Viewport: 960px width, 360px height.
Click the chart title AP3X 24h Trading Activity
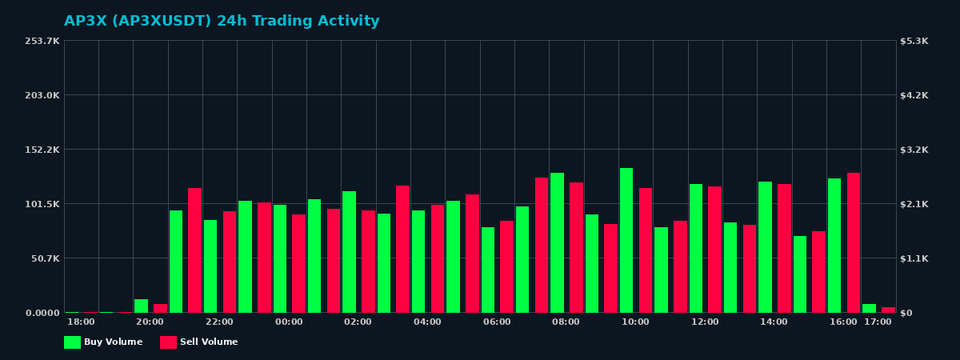click(222, 22)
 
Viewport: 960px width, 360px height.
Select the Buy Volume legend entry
click(103, 342)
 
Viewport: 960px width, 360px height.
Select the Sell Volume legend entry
click(199, 342)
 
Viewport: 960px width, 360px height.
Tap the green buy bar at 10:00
click(626, 240)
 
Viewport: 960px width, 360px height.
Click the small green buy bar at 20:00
click(141, 306)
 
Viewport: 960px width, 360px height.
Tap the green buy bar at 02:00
click(349, 251)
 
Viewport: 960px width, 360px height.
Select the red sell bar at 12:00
click(714, 249)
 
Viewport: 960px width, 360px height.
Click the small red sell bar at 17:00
click(888, 310)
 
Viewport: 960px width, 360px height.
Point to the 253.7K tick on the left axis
click(42, 41)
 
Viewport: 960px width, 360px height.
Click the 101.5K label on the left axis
click(42, 204)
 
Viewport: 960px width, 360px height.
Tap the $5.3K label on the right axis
click(914, 41)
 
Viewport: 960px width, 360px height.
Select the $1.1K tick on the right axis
click(914, 258)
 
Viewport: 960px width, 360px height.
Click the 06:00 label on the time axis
click(497, 322)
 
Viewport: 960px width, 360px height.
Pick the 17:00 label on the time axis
click(878, 322)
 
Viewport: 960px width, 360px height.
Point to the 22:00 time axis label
click(219, 322)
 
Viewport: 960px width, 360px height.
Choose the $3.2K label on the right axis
click(914, 150)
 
